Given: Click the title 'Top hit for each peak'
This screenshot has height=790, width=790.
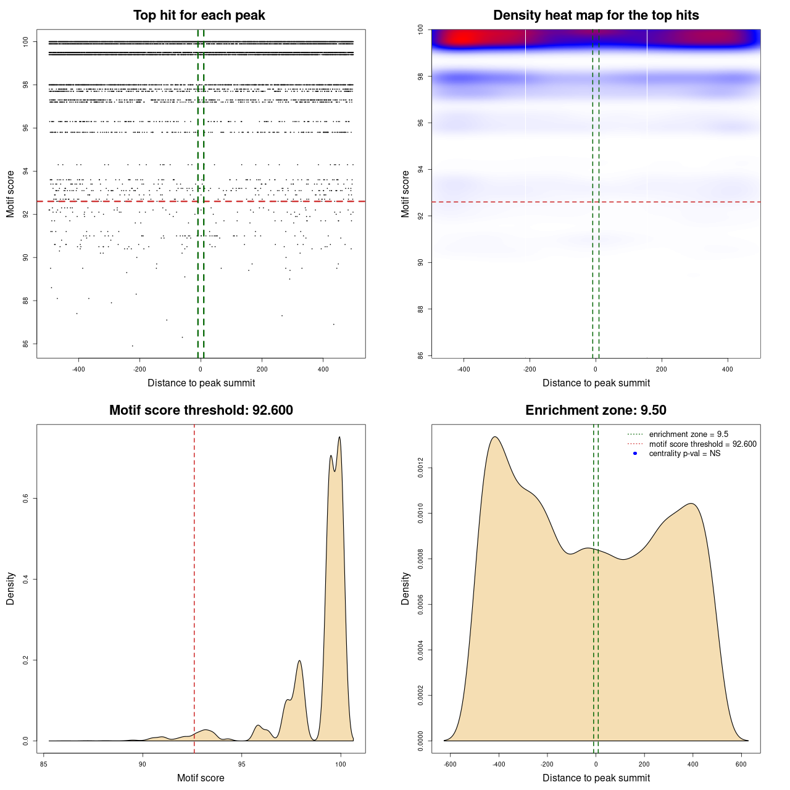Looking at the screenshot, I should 199,15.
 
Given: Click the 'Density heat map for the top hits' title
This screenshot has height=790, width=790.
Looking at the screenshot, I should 596,15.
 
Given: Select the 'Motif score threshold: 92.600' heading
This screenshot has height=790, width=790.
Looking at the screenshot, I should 201,410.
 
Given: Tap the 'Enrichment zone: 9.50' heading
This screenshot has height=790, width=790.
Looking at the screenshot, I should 596,410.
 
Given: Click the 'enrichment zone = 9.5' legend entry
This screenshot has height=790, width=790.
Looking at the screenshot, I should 688,434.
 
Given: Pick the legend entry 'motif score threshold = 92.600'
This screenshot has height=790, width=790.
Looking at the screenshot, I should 702,444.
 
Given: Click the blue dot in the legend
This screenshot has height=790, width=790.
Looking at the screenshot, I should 635,454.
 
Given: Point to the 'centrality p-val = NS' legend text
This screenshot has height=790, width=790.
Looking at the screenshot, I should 684,454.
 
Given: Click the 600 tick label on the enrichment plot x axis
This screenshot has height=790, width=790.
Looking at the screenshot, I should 741,764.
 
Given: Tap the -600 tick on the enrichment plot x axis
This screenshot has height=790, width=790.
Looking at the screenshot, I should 450,764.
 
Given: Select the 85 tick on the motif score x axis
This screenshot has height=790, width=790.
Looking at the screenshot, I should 44,764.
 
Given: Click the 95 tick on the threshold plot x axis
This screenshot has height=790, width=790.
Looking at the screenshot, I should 242,764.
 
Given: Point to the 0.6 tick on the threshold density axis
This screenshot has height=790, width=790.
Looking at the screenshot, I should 25,499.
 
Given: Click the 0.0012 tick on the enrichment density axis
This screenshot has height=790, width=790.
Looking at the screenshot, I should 420,468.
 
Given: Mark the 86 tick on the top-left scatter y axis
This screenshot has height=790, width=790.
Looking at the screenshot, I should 25,344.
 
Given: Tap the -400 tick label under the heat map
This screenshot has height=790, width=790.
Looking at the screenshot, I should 464,369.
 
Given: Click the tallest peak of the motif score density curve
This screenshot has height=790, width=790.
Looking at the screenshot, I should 339,438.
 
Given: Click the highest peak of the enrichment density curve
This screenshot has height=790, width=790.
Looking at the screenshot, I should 495,437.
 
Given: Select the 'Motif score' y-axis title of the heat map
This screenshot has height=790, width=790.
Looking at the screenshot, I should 405,194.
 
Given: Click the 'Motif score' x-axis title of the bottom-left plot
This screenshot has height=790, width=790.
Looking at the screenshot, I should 201,778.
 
